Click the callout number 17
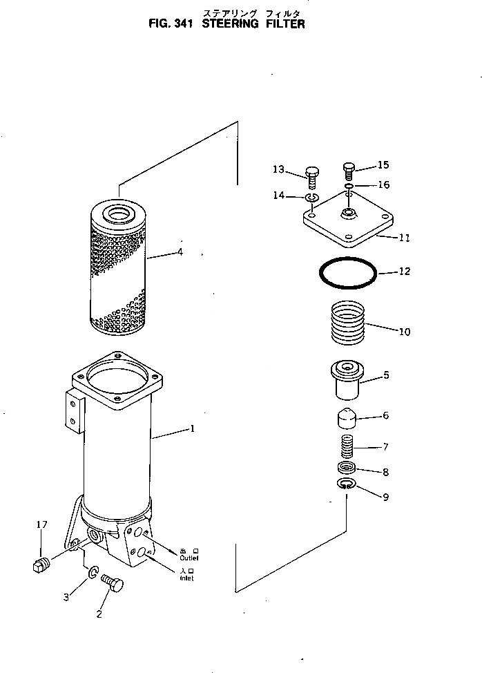tap(41, 526)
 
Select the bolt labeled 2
tap(112, 583)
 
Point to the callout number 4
tap(180, 252)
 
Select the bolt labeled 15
tap(349, 170)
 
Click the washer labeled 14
tap(312, 199)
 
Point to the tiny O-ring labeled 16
tap(350, 186)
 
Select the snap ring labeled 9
tap(347, 486)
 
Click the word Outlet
tap(189, 557)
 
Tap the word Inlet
tap(186, 578)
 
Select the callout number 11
tap(405, 238)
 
